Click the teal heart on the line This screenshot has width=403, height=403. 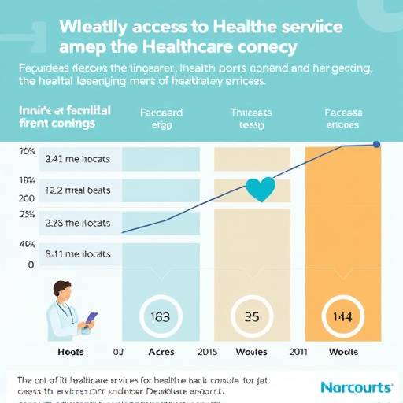[260, 189]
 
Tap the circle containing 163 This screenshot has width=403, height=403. [160, 318]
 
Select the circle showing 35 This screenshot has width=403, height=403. [253, 318]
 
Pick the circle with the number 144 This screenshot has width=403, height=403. [342, 318]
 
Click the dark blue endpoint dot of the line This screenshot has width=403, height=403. [376, 144]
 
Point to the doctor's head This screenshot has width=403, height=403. [62, 291]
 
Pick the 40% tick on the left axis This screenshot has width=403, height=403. [26, 244]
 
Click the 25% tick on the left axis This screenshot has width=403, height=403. [26, 214]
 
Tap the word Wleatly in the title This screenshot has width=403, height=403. [93, 25]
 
